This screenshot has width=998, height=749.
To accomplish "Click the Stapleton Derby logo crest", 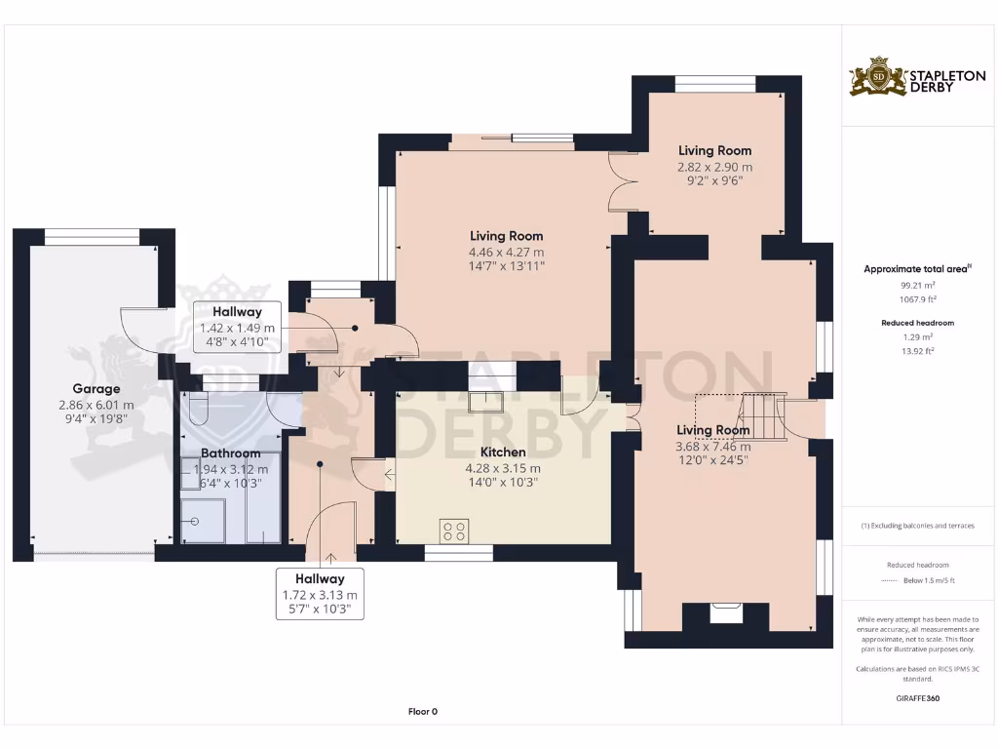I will (x=878, y=77).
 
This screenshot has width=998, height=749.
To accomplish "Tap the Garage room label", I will (x=96, y=388).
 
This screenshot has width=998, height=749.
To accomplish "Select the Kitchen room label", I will (x=503, y=453).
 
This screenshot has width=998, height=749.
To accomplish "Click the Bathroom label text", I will (x=230, y=453).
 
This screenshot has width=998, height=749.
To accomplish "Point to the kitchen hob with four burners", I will (x=454, y=532).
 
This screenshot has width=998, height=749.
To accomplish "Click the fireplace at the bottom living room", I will (x=726, y=614).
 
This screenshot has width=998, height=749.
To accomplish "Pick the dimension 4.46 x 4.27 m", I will (x=506, y=253).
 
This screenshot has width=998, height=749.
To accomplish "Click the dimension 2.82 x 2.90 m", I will (x=714, y=168).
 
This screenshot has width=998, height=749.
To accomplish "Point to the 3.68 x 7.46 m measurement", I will (x=713, y=447).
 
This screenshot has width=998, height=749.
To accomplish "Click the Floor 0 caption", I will (x=422, y=712).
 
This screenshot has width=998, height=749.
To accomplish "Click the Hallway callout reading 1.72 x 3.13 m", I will (x=320, y=594).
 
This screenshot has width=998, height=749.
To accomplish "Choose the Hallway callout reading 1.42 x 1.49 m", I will (x=237, y=328).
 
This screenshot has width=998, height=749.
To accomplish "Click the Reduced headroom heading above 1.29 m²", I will (x=918, y=323).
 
